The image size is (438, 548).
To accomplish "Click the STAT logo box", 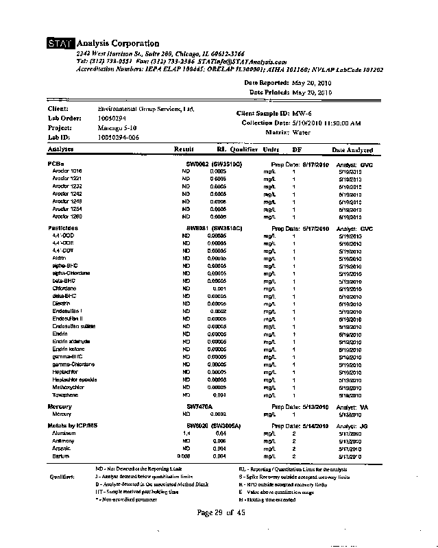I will (x=60, y=45).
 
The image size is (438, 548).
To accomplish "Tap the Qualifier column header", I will (x=243, y=149).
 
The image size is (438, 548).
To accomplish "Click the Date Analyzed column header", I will (x=352, y=150).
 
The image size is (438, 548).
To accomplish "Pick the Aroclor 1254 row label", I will (x=67, y=209).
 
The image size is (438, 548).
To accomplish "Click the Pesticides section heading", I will (x=62, y=228).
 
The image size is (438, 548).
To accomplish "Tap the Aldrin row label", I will (x=60, y=258).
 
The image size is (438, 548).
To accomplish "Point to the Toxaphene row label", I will (x=65, y=395).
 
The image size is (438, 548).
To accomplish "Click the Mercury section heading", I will (x=60, y=407).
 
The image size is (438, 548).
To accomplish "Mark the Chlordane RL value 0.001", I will (x=219, y=288).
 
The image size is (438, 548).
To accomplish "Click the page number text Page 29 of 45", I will (x=221, y=513).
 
